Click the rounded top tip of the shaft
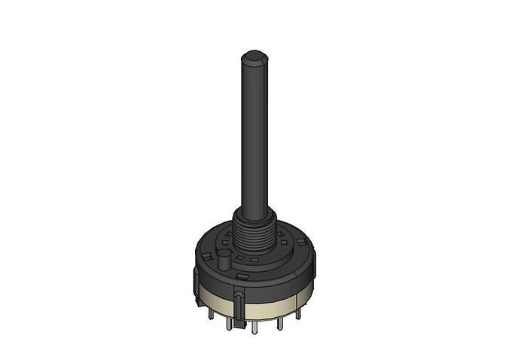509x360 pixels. click(x=254, y=56)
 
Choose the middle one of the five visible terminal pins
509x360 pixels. click(x=254, y=327)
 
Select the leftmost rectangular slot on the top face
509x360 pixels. click(x=206, y=255)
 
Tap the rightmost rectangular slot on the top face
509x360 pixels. click(x=300, y=242)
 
